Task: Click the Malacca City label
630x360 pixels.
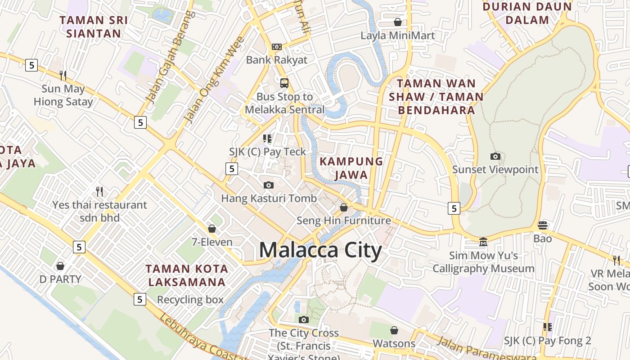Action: tap(320, 250)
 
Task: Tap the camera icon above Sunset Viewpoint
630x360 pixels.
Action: tap(495, 156)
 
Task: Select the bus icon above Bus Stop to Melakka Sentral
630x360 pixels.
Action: tap(284, 83)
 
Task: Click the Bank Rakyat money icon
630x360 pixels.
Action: tap(277, 46)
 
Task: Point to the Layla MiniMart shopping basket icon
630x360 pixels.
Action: tap(398, 22)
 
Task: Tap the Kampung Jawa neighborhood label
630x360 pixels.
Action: tap(351, 168)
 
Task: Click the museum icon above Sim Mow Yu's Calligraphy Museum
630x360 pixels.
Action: tap(483, 242)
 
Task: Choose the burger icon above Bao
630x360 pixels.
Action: tap(543, 225)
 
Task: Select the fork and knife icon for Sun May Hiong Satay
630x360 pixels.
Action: tap(63, 75)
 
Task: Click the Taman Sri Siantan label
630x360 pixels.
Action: tap(94, 27)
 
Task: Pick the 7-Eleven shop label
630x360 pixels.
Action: tap(212, 242)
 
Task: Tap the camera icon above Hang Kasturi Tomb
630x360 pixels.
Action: tap(269, 185)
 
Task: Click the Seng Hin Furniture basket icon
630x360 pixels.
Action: tap(344, 207)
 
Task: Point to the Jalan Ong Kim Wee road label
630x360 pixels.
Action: tap(214, 81)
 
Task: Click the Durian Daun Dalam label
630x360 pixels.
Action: tap(527, 13)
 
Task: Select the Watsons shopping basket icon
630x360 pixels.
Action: tap(394, 330)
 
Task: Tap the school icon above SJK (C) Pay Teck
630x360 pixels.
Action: tap(268, 139)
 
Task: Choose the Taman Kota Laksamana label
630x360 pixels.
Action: tap(187, 275)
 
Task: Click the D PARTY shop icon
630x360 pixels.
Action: tap(60, 266)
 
